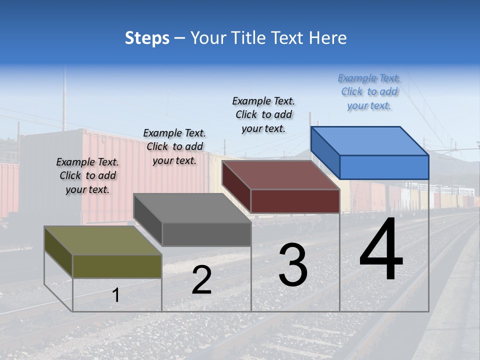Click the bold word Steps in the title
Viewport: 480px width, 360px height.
point(147,38)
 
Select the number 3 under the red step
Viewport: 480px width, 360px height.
point(293,265)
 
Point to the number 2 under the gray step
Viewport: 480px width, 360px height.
point(201,280)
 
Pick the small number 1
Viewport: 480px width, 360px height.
point(116,295)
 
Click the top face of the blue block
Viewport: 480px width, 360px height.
point(370,140)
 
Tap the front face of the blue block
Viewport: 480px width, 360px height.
point(384,167)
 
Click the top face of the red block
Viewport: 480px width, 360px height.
point(280,175)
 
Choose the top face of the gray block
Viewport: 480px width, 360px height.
point(192,207)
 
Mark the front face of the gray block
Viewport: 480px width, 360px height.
point(206,234)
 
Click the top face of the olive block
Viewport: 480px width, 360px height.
point(102,240)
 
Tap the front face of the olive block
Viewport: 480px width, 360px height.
point(117,266)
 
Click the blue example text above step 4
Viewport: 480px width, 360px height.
point(369,91)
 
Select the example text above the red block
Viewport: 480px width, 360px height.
point(263,114)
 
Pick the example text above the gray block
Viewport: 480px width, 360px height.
point(174,146)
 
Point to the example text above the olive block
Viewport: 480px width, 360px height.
point(87,175)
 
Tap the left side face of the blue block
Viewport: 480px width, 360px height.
point(325,152)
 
